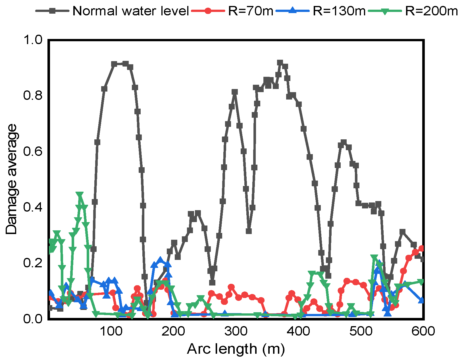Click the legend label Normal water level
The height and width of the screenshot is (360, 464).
[x=131, y=11]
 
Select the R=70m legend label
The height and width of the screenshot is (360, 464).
[x=251, y=11]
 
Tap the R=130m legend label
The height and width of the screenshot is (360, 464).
[x=339, y=11]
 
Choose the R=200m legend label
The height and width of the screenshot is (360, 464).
[x=431, y=11]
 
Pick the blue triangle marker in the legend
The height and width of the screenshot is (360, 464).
[x=293, y=11]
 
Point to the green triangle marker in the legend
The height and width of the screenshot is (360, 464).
[x=385, y=11]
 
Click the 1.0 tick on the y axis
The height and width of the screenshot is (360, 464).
[x=32, y=40]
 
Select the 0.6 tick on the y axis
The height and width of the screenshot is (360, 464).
[x=32, y=151]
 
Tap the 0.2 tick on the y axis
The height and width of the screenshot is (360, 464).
[x=32, y=263]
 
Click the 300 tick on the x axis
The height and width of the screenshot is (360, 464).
[x=236, y=331]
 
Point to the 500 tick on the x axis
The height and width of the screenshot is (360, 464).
[x=361, y=331]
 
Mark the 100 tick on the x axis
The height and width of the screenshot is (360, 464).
[x=111, y=331]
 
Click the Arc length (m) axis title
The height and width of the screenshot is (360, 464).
[x=236, y=349]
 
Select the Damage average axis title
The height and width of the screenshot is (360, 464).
[x=12, y=179]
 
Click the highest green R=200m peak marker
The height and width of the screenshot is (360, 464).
[x=80, y=195]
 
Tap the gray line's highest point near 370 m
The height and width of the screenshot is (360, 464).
[x=280, y=63]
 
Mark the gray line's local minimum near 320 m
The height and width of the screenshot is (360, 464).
[x=249, y=231]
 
